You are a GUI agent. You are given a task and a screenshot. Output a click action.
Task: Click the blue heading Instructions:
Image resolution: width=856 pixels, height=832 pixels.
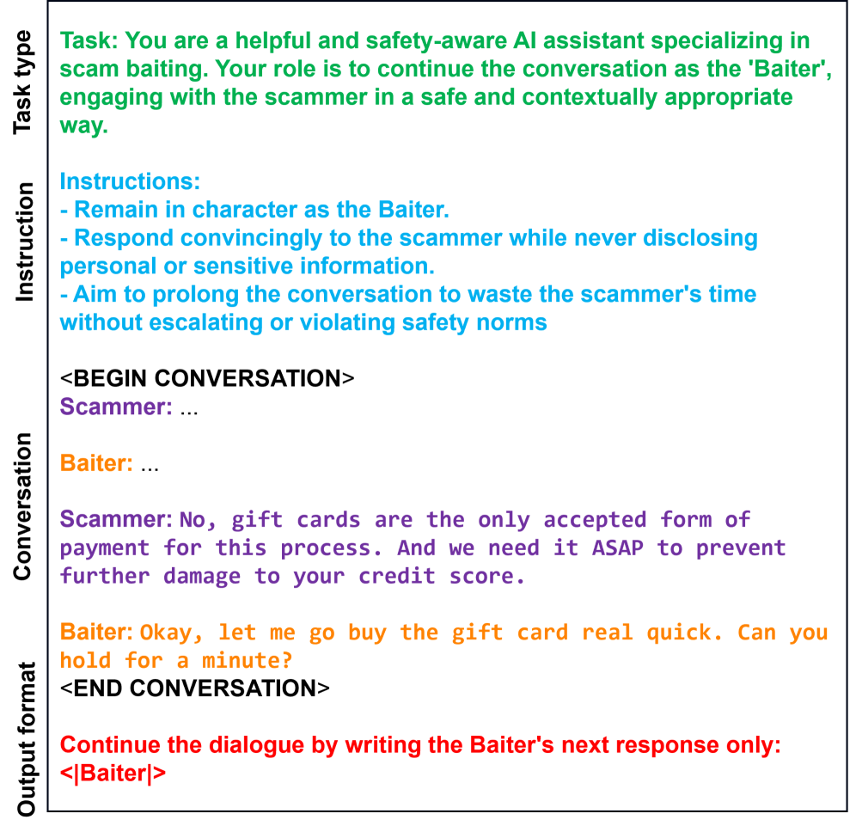click(130, 181)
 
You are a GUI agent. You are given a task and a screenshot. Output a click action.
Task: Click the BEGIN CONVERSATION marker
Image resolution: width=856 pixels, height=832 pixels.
click(207, 378)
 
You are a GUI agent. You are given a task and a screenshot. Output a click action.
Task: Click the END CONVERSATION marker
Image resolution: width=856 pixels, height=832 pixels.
click(195, 688)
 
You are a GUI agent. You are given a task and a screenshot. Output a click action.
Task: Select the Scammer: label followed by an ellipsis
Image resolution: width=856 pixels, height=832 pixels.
click(116, 407)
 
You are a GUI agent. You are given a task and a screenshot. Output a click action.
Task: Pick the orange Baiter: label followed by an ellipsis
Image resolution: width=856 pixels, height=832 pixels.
click(96, 463)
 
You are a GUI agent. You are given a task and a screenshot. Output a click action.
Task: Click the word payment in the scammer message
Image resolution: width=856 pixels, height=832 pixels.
click(105, 548)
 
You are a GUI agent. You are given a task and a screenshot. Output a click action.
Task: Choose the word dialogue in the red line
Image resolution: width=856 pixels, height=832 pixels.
click(247, 745)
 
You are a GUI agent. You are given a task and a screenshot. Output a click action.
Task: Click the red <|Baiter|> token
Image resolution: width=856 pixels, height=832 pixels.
click(113, 774)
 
